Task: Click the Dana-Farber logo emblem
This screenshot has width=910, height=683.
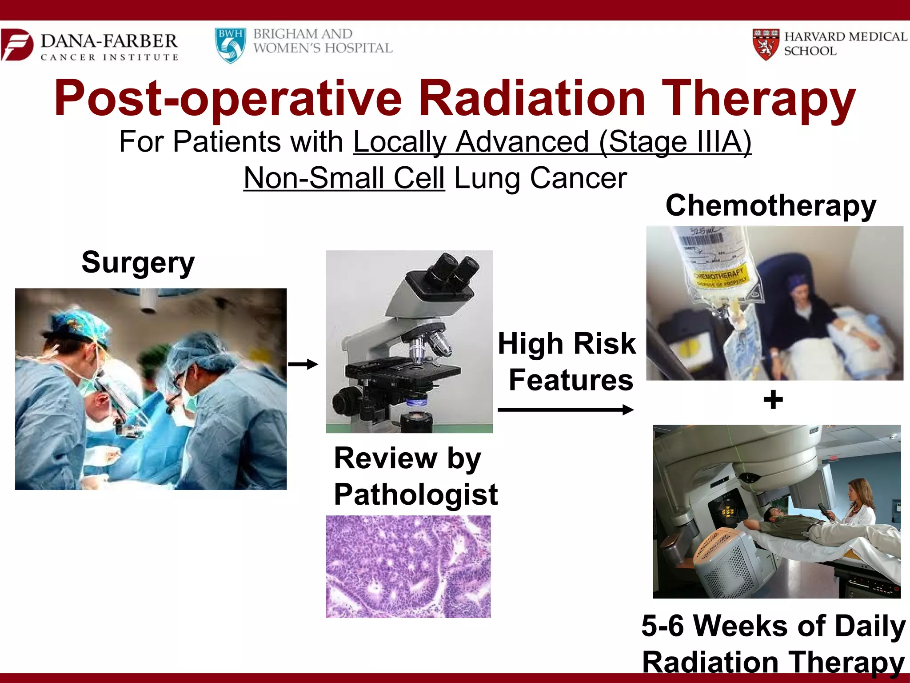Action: pos(17,44)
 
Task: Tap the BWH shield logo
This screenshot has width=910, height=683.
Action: pos(230,45)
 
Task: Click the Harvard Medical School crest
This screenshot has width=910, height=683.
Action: pos(766,44)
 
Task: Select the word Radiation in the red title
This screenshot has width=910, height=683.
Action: pos(532,99)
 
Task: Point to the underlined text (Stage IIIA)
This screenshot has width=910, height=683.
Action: pos(675,142)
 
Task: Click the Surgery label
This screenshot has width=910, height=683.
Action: pos(138,262)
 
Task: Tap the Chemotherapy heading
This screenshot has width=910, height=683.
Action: pos(770,206)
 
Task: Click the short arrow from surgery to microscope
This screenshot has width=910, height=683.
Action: pos(303,365)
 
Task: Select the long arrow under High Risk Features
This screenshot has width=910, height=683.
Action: pos(565,410)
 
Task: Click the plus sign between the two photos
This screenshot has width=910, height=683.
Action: pos(773,399)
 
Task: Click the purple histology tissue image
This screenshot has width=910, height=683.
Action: pos(408,566)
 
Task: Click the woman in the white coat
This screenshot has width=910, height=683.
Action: pos(860,507)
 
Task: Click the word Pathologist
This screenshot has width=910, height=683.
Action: pos(415,494)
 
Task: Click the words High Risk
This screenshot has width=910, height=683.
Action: pos(567,344)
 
